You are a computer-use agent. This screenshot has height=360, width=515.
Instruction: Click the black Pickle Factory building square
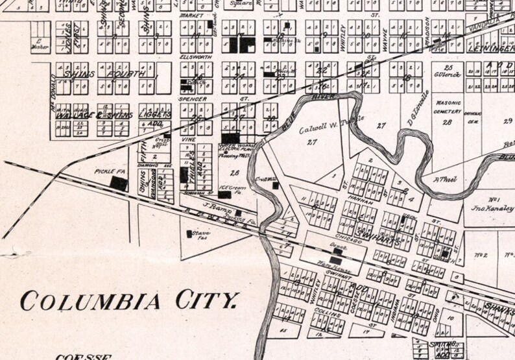119,184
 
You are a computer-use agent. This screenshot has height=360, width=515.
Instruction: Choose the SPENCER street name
193,99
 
